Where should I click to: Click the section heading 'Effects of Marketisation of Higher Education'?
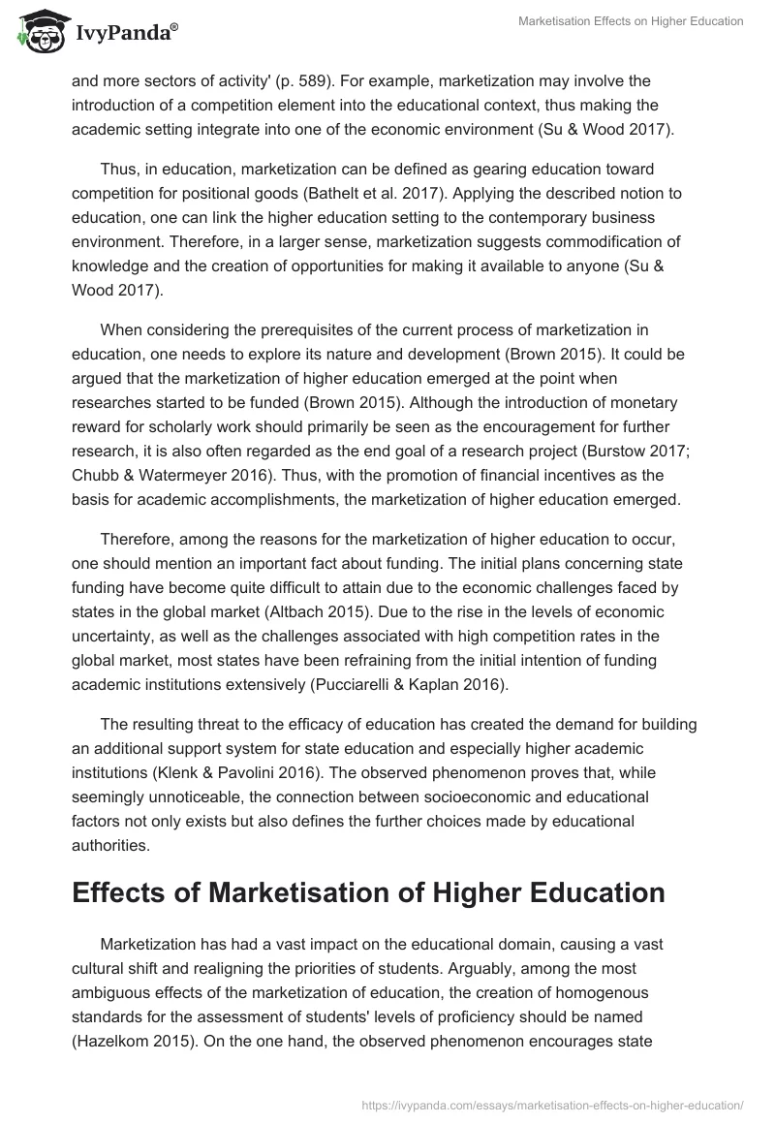368,892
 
